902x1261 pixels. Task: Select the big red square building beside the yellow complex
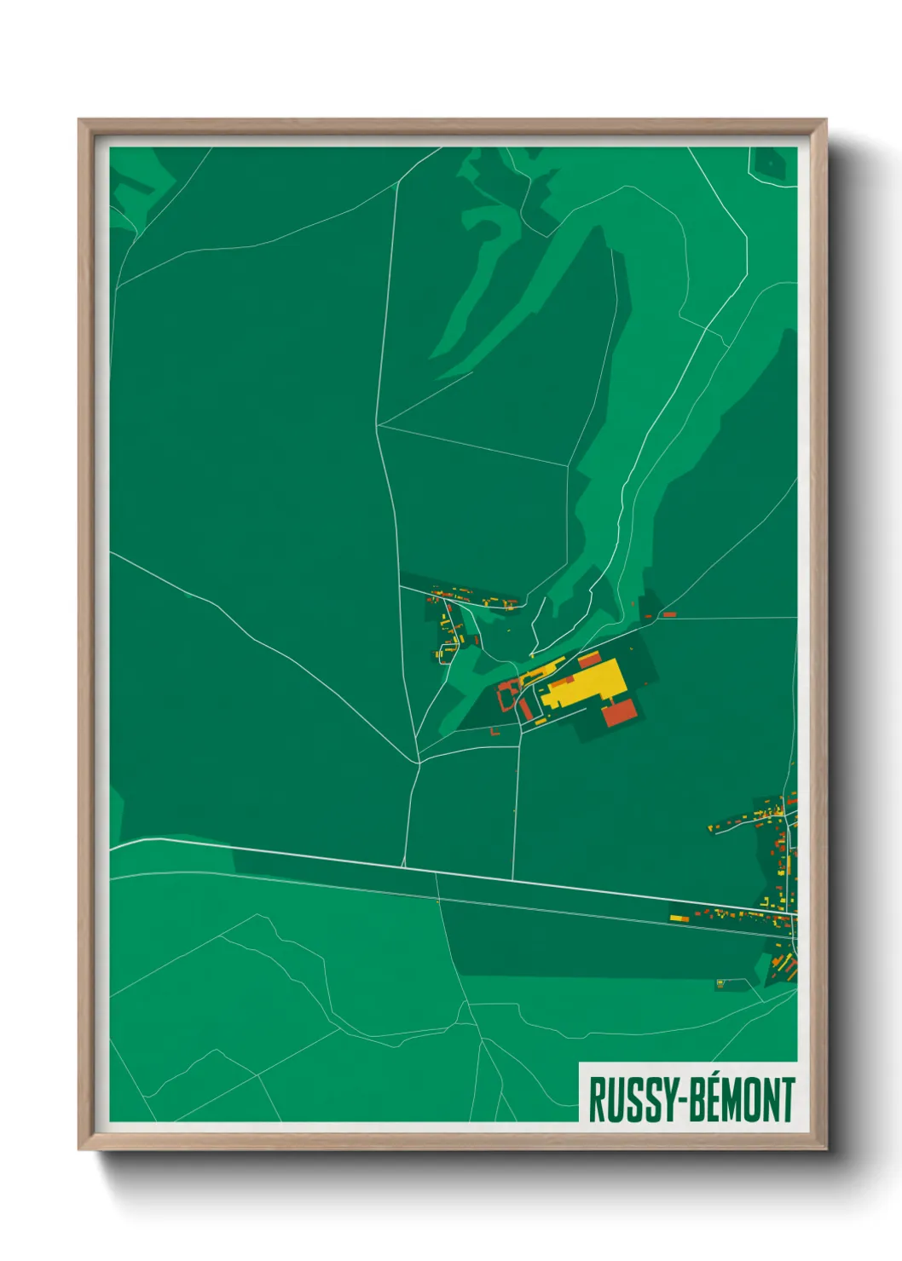[622, 712]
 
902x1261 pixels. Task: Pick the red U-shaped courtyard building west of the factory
[506, 692]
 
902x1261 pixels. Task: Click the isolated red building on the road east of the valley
[669, 613]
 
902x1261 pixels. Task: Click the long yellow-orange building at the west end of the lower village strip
[677, 918]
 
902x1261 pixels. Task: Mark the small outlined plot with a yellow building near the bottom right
[721, 982]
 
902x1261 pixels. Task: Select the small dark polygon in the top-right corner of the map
[769, 162]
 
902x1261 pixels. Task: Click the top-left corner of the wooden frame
[82, 122]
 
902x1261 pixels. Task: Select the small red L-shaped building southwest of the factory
[494, 730]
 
